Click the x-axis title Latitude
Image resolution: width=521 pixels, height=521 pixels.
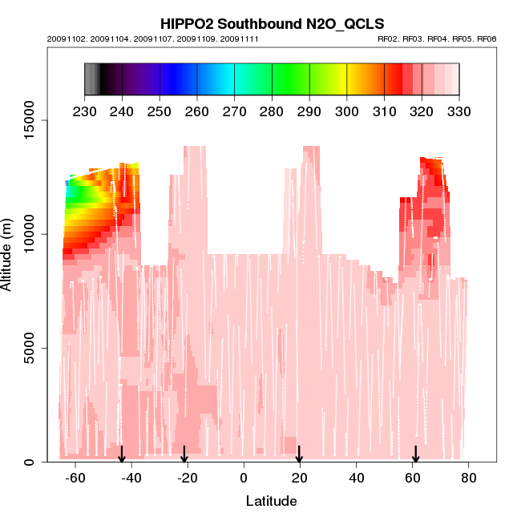(271, 501)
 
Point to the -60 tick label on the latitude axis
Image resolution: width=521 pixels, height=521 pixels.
(75, 478)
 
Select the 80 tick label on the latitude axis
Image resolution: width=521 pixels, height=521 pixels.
(469, 478)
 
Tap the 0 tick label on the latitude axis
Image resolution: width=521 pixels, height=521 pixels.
(244, 478)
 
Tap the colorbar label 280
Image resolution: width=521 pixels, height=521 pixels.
(272, 111)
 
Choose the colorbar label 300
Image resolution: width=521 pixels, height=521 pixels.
(346, 111)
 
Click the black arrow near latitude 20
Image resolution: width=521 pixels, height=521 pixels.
(299, 454)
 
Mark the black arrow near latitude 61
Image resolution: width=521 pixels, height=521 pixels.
(415, 454)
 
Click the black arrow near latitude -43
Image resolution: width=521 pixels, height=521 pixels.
(122, 454)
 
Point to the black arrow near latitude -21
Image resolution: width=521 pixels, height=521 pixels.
(184, 454)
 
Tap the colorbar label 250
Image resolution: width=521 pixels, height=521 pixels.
(160, 111)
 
